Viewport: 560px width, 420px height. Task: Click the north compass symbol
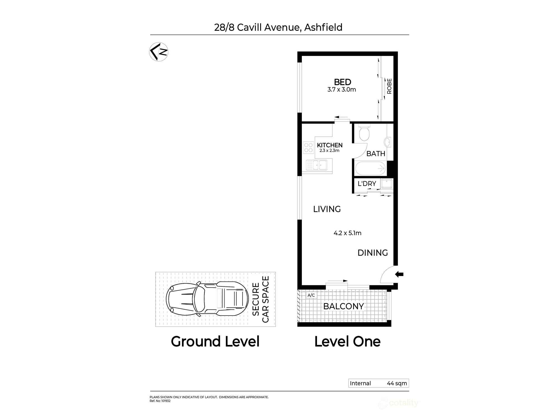click(158, 52)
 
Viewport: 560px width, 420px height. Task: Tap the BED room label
click(342, 82)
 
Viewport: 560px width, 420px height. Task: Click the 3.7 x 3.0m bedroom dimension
click(342, 90)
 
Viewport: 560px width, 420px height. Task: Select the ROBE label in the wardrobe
click(389, 86)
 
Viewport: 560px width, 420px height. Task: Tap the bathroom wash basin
click(388, 142)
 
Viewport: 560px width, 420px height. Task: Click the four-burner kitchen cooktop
click(308, 148)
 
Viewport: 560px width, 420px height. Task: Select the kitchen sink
click(317, 165)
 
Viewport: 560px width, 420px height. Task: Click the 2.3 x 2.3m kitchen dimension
click(329, 151)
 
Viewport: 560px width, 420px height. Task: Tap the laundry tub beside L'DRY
click(387, 184)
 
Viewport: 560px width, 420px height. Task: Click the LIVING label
click(327, 209)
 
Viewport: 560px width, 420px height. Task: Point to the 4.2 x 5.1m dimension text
click(347, 233)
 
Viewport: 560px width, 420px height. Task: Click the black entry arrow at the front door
click(399, 274)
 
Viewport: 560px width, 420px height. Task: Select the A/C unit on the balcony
click(311, 295)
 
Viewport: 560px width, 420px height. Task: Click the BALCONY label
click(343, 306)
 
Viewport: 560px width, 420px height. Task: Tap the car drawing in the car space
click(207, 299)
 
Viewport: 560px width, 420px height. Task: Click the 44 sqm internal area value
click(397, 383)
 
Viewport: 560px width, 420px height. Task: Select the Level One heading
click(347, 342)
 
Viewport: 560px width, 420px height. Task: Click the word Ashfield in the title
click(323, 27)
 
